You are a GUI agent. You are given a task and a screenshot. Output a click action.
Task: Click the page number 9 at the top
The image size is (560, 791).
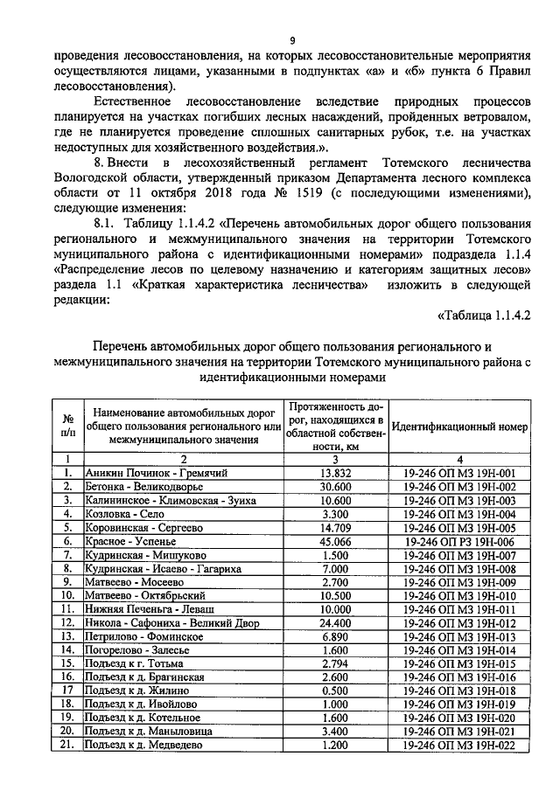pyautogui.click(x=292, y=40)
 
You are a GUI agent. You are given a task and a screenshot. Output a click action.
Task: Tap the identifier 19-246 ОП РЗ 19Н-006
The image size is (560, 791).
pyautogui.click(x=460, y=541)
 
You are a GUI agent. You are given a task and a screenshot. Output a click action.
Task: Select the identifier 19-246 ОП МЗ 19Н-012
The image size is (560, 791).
pyautogui.click(x=460, y=622)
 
